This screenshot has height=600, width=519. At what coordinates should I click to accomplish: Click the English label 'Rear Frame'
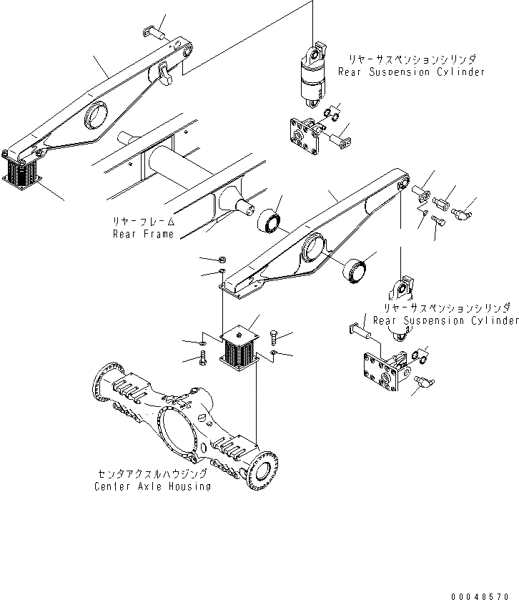pos(144,234)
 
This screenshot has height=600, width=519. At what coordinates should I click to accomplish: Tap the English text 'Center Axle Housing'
pos(152,486)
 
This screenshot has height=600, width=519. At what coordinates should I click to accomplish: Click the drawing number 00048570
pos(480,596)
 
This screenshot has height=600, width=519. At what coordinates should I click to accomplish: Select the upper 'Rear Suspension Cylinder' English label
pos(411,72)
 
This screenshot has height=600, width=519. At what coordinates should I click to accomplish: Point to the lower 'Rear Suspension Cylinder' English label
pos(446,320)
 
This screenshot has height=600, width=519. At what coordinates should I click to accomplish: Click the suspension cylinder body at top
pos(313,79)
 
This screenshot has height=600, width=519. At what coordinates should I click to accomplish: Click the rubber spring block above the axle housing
pos(239,349)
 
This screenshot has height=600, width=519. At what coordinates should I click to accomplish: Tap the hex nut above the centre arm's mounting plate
pos(222,260)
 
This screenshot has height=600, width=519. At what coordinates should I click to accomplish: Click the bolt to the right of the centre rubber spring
pos(275,338)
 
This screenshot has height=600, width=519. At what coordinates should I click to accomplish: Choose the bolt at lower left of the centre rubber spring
pos(203,358)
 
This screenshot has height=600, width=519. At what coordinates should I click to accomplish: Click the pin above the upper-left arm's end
pos(154,32)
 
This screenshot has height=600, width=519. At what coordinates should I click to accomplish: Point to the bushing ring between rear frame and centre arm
pos(269,221)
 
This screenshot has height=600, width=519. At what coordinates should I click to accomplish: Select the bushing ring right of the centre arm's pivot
pos(355,270)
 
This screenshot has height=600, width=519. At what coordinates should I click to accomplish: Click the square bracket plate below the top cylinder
pos(305,136)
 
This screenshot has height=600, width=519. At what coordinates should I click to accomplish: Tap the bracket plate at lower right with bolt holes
pos(385,371)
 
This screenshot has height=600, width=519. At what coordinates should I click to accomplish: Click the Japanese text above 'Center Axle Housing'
pos(152,474)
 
